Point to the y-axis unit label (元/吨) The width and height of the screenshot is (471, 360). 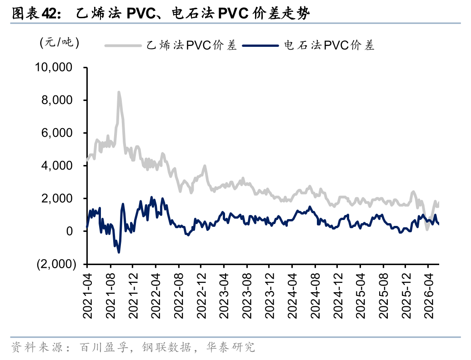(60, 42)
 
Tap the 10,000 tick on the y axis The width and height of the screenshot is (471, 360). (54, 67)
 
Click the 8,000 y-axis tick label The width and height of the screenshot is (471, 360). (57, 100)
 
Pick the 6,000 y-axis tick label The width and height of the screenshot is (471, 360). (57, 133)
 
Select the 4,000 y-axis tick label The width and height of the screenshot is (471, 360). (57, 165)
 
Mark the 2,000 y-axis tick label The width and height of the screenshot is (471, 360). (57, 199)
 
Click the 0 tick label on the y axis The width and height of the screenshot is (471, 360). (70, 231)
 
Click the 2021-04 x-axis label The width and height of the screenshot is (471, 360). (87, 296)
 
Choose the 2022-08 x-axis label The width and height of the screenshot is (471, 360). (178, 296)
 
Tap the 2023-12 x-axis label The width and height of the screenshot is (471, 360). (270, 296)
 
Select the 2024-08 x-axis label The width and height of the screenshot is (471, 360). (315, 296)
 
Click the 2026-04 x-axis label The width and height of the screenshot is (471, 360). (429, 296)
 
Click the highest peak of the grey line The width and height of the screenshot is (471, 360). (119, 92)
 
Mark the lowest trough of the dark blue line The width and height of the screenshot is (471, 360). (119, 252)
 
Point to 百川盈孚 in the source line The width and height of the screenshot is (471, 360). (104, 347)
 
